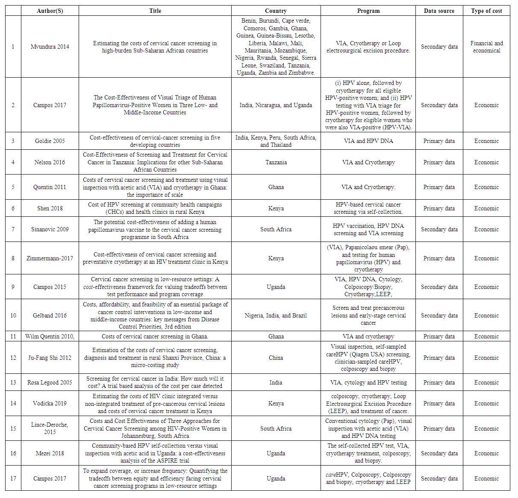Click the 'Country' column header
pos(276,11)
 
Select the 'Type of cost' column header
pos(486,11)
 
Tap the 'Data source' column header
pos(439,11)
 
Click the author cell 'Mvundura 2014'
pos(50,47)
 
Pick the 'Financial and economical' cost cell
pos(486,47)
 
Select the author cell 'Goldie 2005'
pos(50,141)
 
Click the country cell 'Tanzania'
pos(276,162)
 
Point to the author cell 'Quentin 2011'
pos(50,187)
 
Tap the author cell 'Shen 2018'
pos(50,208)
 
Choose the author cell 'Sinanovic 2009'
pos(50,229)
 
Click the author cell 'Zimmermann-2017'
pos(50,258)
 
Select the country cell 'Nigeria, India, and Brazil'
pos(276,315)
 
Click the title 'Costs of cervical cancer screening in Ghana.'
pos(155,336)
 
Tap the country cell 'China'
pos(276,358)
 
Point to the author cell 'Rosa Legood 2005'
pos(50,382)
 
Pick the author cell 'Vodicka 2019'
pos(50,403)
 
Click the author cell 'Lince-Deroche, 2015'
pos(50,428)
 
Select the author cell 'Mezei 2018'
pos(50,453)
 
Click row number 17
pos(13,478)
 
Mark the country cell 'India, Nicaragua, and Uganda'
pos(276,105)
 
